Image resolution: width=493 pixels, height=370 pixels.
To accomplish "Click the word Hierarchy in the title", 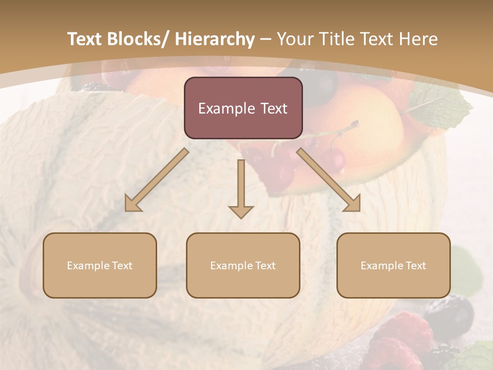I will [x=215, y=39].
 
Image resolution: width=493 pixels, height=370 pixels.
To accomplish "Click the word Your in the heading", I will [x=295, y=39].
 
